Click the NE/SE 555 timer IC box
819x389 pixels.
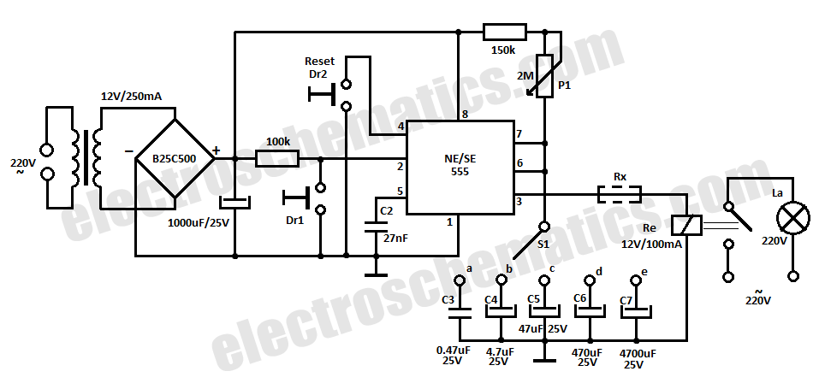pyautogui.click(x=460, y=168)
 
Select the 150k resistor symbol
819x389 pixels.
pyautogui.click(x=505, y=32)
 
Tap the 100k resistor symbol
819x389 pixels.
pyautogui.click(x=277, y=159)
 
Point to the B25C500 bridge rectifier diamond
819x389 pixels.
pyautogui.click(x=175, y=159)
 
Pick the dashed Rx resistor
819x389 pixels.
pyautogui.click(x=620, y=195)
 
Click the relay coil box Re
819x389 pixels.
pyautogui.click(x=685, y=225)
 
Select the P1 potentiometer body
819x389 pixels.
pyautogui.click(x=545, y=76)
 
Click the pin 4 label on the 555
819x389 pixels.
pyautogui.click(x=401, y=127)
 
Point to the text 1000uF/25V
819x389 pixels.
pyautogui.click(x=199, y=223)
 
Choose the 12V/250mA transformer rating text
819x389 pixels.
pyautogui.click(x=131, y=97)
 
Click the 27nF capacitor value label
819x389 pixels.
pyautogui.click(x=395, y=238)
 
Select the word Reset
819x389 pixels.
pyautogui.click(x=320, y=61)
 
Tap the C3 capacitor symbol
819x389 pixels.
pyautogui.click(x=460, y=313)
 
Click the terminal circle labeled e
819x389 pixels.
pyautogui.click(x=636, y=280)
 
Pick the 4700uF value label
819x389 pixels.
pyautogui.click(x=638, y=353)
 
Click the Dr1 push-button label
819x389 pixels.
pyautogui.click(x=294, y=221)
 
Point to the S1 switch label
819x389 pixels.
pyautogui.click(x=543, y=243)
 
